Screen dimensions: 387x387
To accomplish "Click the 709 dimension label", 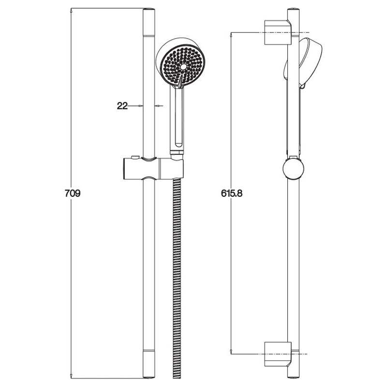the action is click(73, 193).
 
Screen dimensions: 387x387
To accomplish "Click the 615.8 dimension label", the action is click(232, 193).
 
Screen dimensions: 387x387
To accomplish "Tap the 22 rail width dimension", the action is click(122, 106).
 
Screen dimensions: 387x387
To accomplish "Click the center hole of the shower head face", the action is click(183, 67).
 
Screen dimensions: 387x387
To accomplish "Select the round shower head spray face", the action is click(183, 66).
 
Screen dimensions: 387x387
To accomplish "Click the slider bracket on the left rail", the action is click(153, 169).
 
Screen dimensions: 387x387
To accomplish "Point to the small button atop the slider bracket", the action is click(135, 157).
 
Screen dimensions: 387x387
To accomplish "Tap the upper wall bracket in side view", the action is click(278, 32).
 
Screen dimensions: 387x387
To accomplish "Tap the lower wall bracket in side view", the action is click(278, 354).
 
